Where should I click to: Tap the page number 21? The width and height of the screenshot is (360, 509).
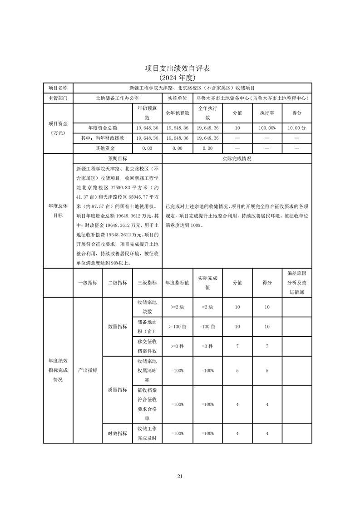180,476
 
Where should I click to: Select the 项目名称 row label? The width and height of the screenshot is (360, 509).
58,88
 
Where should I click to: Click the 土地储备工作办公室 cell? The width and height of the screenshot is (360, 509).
118,98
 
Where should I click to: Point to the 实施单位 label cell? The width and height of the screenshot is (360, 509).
177,98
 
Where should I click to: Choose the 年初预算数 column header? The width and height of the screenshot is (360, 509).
147,113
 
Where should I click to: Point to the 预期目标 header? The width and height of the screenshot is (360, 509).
117,159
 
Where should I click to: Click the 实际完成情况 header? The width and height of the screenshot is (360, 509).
237,159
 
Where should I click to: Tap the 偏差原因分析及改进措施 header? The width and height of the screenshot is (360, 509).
296,283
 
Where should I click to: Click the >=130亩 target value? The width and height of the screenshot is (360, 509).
177,327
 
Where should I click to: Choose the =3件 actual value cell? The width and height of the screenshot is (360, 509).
207,346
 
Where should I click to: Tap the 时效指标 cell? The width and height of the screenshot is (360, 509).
117,433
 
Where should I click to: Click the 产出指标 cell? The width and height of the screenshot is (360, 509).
88,370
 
